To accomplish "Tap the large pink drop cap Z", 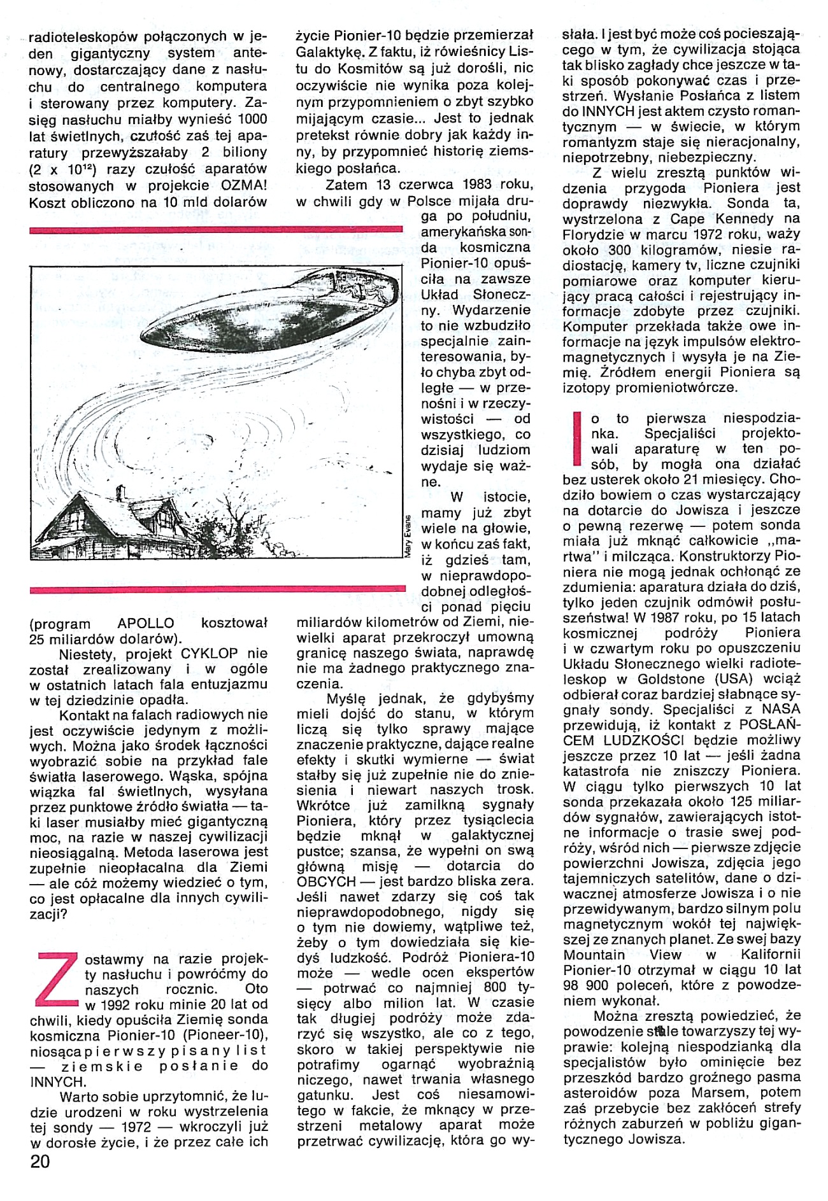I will tap(58, 980).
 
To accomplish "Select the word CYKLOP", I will tap(210, 653).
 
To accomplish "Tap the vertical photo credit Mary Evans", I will tap(408, 535).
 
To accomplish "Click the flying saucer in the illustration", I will tap(268, 312).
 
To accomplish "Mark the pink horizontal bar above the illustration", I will tap(216, 229).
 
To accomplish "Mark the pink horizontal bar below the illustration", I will tap(217, 590).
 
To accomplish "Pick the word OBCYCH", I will tap(326, 881).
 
